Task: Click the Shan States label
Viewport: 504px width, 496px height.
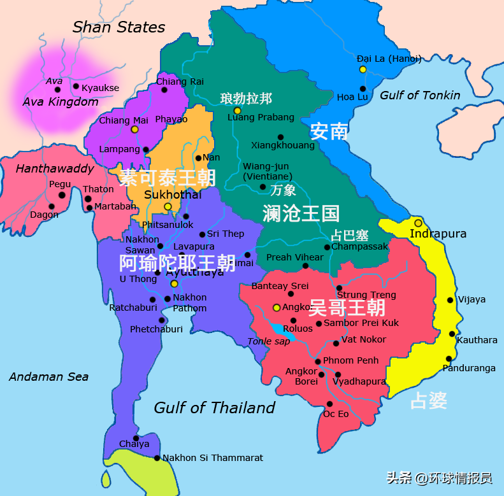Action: pos(119,27)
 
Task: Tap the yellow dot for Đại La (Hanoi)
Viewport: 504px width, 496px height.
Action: pos(363,69)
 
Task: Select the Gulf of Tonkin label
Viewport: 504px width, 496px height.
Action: pos(420,96)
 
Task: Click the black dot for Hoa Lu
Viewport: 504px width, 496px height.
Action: pos(363,89)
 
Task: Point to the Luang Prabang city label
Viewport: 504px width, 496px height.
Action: pos(261,117)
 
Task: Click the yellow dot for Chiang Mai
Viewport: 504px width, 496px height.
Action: pos(134,129)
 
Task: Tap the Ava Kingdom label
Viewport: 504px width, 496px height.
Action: pos(61,102)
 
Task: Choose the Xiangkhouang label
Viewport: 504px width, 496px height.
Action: pos(283,145)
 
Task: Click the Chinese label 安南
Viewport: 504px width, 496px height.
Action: pos(329,131)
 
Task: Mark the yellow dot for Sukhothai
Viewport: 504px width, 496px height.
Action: pos(168,206)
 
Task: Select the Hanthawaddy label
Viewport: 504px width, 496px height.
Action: pos(55,169)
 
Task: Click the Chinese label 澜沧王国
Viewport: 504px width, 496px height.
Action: pos(301,213)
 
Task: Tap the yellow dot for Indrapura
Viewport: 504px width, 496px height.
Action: pos(418,223)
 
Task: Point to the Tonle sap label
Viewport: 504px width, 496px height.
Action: pos(268,342)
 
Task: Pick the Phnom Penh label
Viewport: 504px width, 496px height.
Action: pos(350,360)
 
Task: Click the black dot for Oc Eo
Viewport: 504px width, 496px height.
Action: pos(329,404)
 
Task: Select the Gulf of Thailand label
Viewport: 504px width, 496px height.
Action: pos(215,407)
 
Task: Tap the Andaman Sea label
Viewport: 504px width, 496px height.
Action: pos(48,377)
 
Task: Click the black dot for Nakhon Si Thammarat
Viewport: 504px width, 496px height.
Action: pos(157,458)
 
